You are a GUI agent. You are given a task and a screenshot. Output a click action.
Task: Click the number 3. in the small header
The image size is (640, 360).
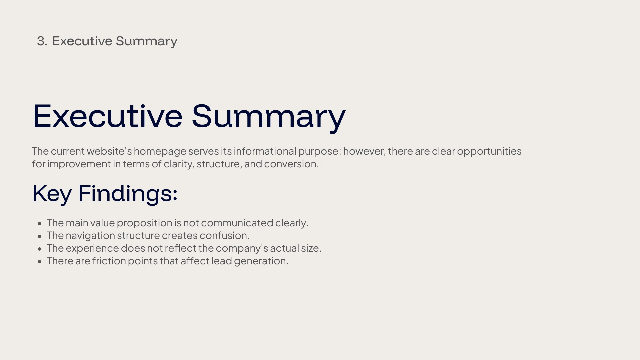click(42, 41)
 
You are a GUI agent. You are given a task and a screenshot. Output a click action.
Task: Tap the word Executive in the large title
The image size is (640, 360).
click(108, 116)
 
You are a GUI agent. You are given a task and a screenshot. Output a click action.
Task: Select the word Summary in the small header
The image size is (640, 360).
click(146, 42)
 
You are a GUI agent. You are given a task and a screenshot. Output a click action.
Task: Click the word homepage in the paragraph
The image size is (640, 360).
click(160, 152)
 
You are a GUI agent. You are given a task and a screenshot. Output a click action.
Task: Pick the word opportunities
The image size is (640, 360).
click(489, 152)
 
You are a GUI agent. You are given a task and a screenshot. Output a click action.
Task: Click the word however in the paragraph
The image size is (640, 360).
click(364, 151)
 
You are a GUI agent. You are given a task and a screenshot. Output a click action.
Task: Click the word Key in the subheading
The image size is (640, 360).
click(52, 194)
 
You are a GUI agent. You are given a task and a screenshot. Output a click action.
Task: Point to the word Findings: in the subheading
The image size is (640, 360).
click(128, 194)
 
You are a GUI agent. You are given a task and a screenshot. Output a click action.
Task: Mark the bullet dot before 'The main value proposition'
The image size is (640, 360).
click(40, 223)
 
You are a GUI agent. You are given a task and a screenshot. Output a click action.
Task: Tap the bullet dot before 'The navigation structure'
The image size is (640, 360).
click(40, 236)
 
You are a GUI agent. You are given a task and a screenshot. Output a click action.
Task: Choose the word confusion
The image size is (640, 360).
click(224, 236)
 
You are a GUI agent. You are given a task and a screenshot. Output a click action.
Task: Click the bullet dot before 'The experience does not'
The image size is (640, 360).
click(40, 249)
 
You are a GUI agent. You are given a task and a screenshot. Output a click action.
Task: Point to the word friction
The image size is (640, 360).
click(109, 261)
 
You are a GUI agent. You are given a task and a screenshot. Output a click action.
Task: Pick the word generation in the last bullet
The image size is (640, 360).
click(260, 261)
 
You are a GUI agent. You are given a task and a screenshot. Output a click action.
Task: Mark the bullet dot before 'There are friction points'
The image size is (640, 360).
click(40, 261)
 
